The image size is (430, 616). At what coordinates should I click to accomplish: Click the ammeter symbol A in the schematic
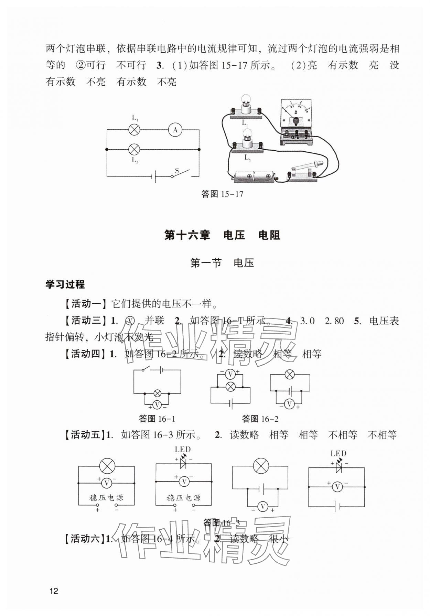(x=175, y=130)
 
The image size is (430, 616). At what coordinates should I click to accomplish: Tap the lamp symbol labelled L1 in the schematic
(x=134, y=130)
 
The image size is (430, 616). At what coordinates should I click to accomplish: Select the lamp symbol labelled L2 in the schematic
(x=134, y=150)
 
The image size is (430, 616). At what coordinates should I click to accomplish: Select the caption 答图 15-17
(x=222, y=194)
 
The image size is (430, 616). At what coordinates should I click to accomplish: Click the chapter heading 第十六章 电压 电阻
(x=222, y=235)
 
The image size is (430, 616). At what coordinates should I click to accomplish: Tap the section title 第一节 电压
(x=222, y=263)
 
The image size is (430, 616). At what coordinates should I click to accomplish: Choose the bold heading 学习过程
(x=65, y=284)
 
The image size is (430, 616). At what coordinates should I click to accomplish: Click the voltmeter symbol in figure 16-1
(x=157, y=405)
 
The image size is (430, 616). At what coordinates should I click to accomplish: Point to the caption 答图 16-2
(x=260, y=419)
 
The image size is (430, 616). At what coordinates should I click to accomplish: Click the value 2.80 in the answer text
(x=334, y=321)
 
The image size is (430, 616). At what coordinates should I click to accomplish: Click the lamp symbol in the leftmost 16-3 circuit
(x=107, y=466)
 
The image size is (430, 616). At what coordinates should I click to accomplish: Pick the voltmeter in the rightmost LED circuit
(x=337, y=487)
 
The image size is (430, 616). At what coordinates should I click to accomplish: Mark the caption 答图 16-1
(x=157, y=419)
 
